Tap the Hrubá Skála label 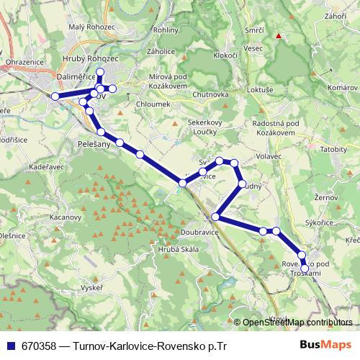pos(167,250)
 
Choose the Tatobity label pos(333,149)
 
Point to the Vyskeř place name pos(91,287)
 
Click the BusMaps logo pos(328,345)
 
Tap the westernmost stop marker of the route pos(55,96)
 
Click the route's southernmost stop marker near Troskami pos(305,269)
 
